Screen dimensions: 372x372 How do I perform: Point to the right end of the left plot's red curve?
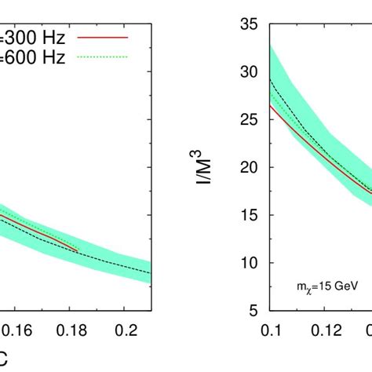pos(78,250)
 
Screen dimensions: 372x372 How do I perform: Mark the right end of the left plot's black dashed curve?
pos(150,273)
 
